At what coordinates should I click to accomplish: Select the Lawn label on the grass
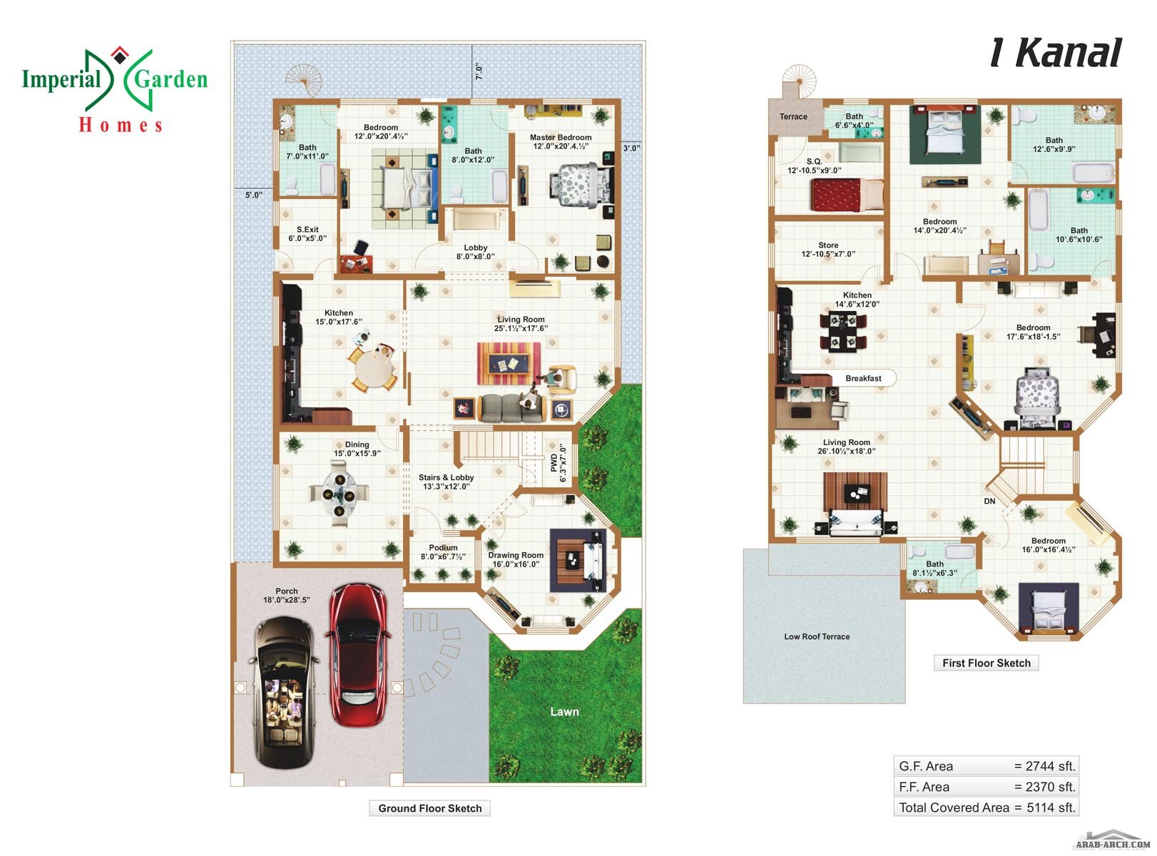click(564, 712)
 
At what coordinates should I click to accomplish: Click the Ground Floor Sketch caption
click(429, 808)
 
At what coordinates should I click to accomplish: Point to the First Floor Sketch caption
click(986, 663)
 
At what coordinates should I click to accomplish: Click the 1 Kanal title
click(1056, 53)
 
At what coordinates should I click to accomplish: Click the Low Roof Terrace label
click(817, 637)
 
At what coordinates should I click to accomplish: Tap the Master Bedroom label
click(561, 138)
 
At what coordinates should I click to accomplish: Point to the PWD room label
click(554, 463)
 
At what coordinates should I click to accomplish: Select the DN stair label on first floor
click(989, 501)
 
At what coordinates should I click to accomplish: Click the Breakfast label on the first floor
click(863, 379)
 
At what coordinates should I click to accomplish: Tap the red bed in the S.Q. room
click(846, 195)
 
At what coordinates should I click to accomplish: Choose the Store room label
click(828, 245)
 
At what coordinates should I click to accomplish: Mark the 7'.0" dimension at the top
click(479, 71)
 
